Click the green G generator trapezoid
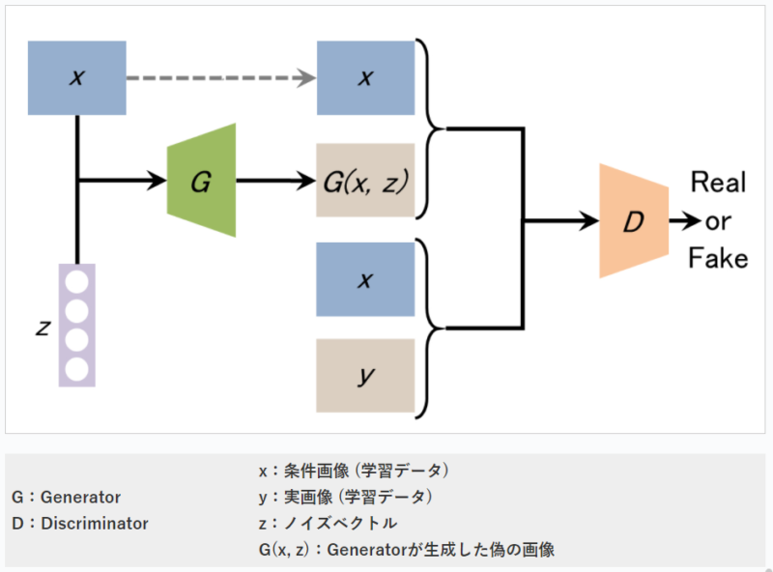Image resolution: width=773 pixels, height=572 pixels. click(x=201, y=181)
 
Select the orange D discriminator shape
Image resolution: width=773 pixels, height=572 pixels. click(x=633, y=221)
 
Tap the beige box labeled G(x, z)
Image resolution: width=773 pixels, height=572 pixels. click(x=365, y=181)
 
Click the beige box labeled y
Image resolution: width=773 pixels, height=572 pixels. click(x=365, y=376)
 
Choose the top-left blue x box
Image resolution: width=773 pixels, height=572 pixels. click(x=77, y=78)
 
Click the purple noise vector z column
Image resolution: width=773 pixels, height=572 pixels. click(x=77, y=325)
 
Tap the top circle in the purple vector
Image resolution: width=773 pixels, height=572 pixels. click(x=77, y=281)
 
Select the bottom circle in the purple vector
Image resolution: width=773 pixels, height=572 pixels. click(x=77, y=368)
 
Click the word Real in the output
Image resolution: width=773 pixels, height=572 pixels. click(x=720, y=184)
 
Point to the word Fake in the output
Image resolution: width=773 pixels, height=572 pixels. click(x=718, y=258)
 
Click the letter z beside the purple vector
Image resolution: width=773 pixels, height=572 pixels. click(x=43, y=327)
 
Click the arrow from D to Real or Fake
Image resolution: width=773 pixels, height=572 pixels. click(x=682, y=221)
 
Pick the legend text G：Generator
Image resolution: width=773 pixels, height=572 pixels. click(x=66, y=498)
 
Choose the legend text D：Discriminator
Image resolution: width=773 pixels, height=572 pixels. click(x=79, y=524)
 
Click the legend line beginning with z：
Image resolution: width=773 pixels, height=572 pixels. click(x=328, y=524)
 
